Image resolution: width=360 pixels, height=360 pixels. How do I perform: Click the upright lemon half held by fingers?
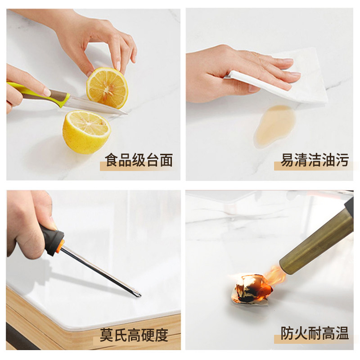107,88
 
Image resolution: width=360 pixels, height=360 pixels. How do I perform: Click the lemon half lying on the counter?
86,131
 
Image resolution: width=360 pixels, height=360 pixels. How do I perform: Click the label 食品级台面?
139,160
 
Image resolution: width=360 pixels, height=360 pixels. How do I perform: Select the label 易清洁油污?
315,160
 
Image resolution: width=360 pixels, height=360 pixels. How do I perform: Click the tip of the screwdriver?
138,295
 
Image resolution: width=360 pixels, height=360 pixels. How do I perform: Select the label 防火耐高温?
315,333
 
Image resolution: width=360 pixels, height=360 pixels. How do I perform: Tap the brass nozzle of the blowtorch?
315,243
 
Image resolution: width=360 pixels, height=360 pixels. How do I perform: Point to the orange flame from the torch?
274,274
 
